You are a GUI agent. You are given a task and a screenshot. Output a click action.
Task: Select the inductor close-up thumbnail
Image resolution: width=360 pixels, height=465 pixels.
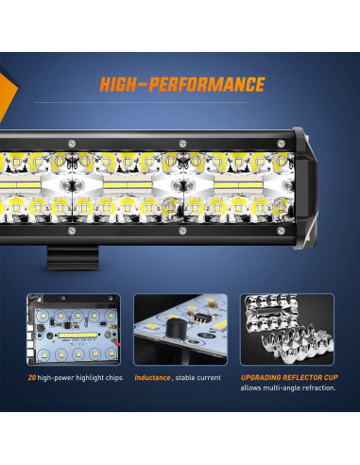(x=180, y=332)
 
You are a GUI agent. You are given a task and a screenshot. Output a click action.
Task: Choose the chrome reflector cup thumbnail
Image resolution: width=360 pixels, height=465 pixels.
(x=286, y=332)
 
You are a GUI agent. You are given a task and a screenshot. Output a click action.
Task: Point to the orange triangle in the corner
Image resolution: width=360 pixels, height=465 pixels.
(x=8, y=90)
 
